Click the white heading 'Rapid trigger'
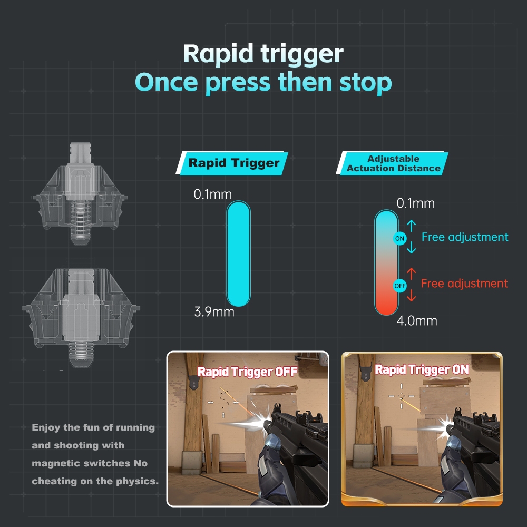(x=263, y=54)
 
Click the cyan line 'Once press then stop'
(x=263, y=82)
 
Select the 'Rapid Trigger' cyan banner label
(x=232, y=163)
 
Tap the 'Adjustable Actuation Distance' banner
(x=392, y=163)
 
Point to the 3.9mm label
(x=214, y=312)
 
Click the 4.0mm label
(x=417, y=320)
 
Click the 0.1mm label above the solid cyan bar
(x=213, y=194)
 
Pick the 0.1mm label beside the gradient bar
(x=415, y=203)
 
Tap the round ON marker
(x=399, y=239)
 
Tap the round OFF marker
(x=400, y=286)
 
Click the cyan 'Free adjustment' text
(x=465, y=237)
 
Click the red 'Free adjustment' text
(x=464, y=284)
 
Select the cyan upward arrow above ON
(x=412, y=226)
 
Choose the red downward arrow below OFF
(x=412, y=295)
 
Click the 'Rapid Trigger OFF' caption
(x=247, y=372)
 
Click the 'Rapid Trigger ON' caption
(x=422, y=370)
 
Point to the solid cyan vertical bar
(x=239, y=254)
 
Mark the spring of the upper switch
(x=80, y=219)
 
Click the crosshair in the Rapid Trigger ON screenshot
(x=401, y=396)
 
